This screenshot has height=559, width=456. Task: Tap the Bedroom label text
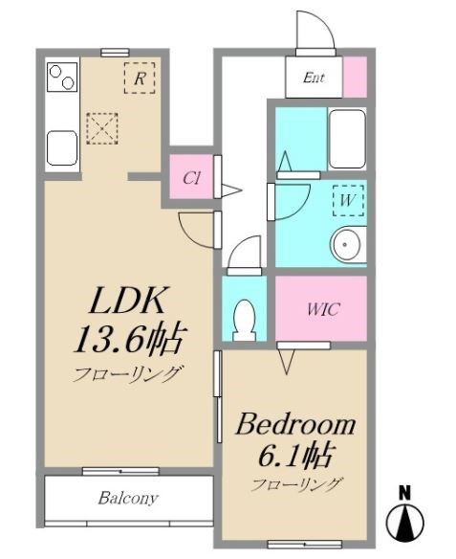(x=295, y=425)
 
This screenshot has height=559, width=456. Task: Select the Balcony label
(x=128, y=498)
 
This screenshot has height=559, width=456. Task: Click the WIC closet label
(x=323, y=309)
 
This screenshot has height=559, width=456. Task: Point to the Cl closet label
(x=191, y=178)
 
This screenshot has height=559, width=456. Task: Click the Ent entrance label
(x=314, y=78)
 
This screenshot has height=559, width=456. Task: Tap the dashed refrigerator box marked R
(x=140, y=78)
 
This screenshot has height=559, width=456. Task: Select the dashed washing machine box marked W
(x=348, y=200)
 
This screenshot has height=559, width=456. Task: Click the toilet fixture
(x=244, y=321)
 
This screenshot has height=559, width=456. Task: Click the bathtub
(x=347, y=139)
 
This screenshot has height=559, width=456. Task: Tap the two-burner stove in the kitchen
(x=62, y=77)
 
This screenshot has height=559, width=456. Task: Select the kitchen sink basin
(x=62, y=148)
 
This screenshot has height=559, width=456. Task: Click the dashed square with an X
(x=102, y=128)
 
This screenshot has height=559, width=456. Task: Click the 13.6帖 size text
(x=130, y=340)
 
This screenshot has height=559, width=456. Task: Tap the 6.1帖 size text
(x=295, y=456)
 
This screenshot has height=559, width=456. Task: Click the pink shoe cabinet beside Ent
(x=355, y=77)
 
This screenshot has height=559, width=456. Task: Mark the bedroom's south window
(x=304, y=545)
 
